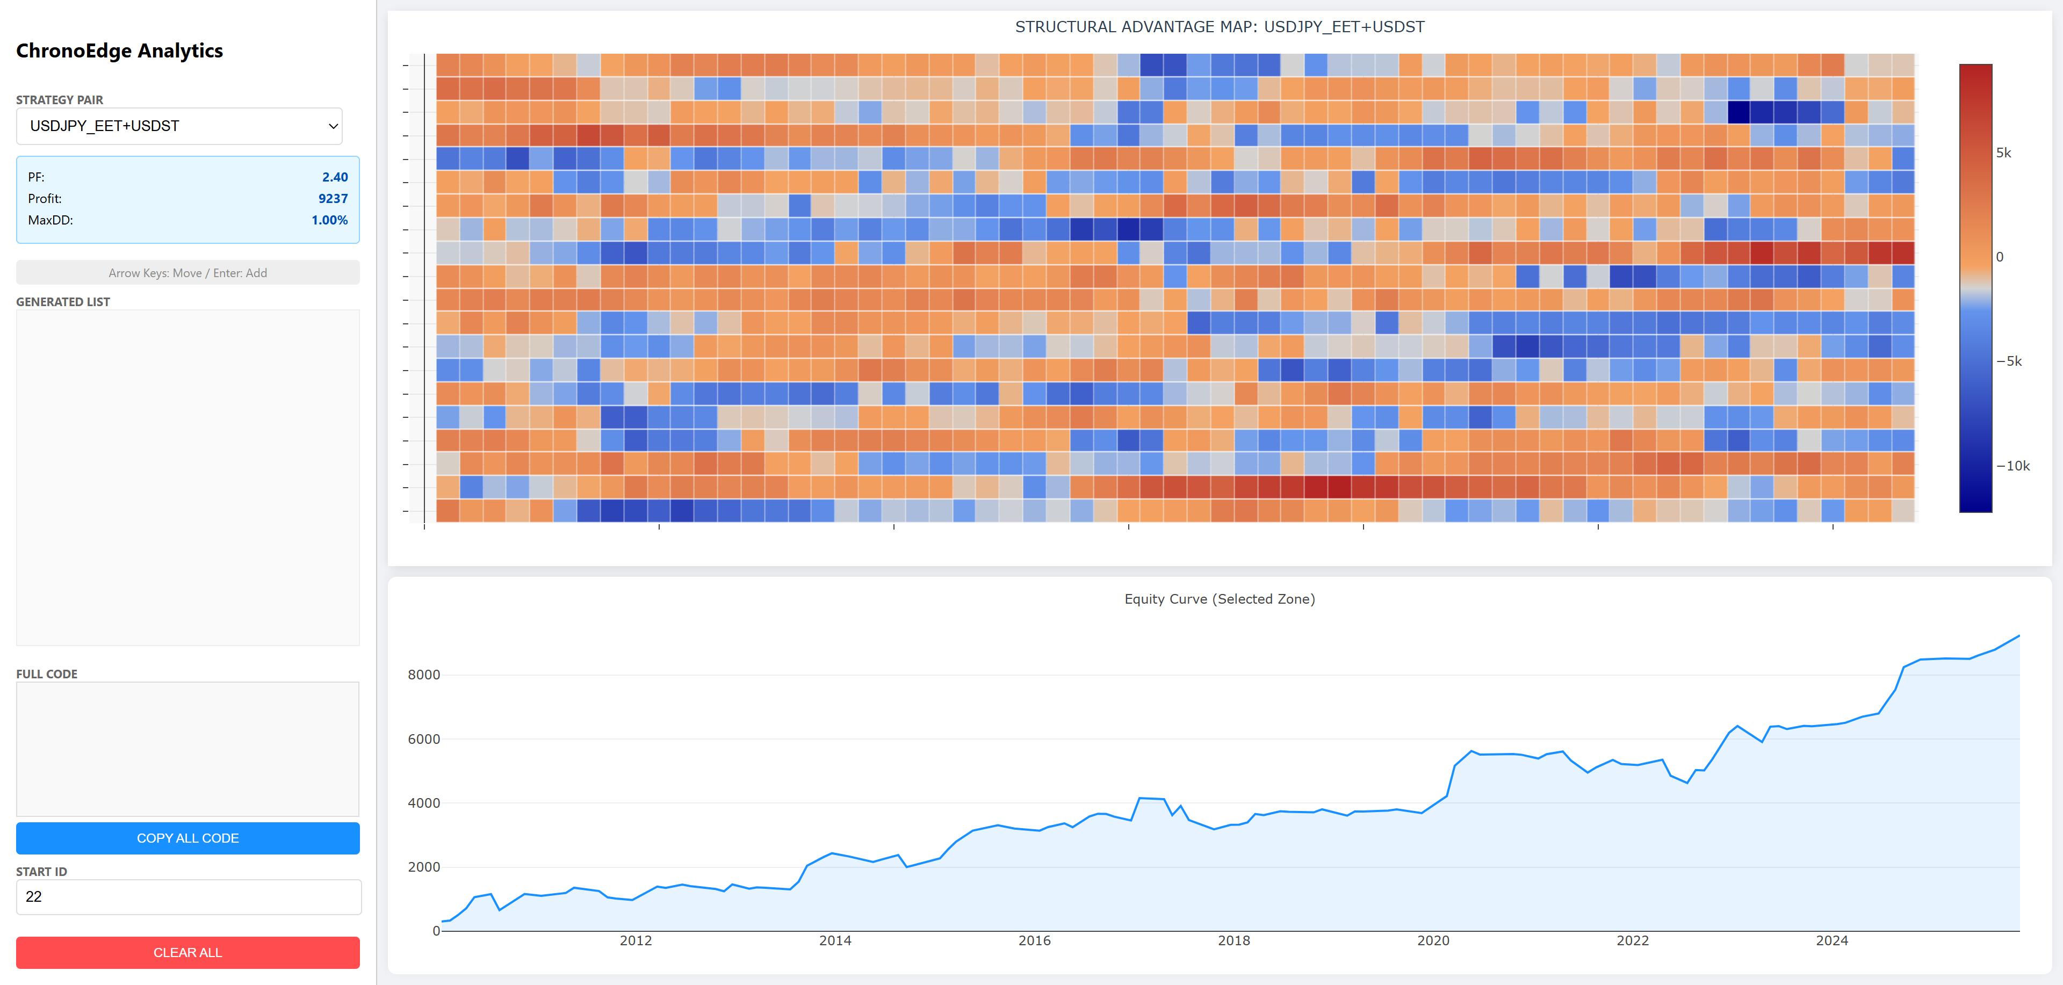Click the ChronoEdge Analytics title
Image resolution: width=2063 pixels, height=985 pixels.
point(119,50)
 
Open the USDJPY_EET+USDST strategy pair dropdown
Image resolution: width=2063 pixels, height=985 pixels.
point(179,126)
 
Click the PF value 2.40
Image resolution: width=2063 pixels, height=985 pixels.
point(335,177)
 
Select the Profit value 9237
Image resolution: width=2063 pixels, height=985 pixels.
point(333,199)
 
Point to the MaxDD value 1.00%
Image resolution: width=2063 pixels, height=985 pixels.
point(329,220)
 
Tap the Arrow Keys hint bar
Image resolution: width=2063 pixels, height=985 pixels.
point(187,273)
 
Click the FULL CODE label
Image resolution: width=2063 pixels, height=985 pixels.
point(46,674)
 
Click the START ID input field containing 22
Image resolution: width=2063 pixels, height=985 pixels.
point(188,897)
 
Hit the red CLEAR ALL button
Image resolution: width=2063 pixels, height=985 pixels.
point(187,952)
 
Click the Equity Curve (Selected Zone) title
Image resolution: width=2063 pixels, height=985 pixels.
point(1219,599)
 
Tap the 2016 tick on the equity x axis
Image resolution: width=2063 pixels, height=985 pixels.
point(1034,941)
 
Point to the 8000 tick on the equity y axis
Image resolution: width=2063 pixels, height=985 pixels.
point(424,675)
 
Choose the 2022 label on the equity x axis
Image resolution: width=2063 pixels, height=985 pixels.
point(1632,941)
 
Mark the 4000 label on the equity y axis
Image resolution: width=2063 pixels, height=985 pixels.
point(424,803)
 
